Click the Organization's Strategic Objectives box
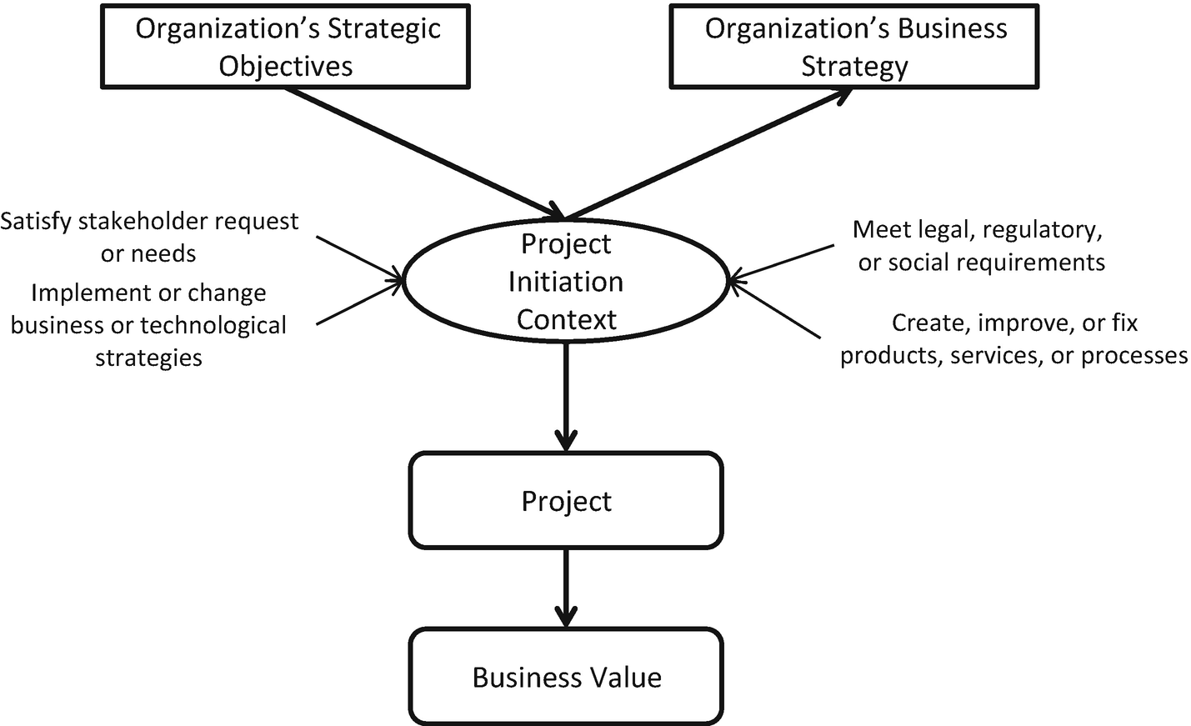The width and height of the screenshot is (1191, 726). click(285, 47)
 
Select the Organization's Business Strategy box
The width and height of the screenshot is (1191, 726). click(854, 47)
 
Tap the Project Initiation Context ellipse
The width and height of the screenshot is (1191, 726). click(566, 281)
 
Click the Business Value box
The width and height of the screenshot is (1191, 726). click(566, 676)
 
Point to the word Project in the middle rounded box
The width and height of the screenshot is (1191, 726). click(566, 501)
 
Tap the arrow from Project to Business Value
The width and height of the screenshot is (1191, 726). click(566, 587)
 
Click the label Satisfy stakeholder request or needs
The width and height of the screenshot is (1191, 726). click(149, 237)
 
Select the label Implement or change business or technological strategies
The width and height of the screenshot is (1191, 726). click(148, 324)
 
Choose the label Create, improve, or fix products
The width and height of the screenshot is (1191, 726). click(1013, 338)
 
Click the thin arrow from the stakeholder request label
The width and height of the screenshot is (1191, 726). click(358, 258)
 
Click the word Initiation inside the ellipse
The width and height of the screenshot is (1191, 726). click(566, 282)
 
